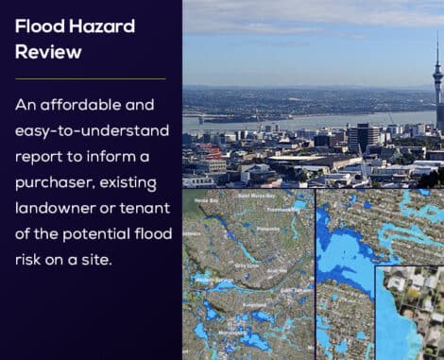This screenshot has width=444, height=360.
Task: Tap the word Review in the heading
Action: [x=48, y=51]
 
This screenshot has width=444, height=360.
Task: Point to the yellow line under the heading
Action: [x=90, y=78]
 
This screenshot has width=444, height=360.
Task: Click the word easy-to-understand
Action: [x=90, y=129]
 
